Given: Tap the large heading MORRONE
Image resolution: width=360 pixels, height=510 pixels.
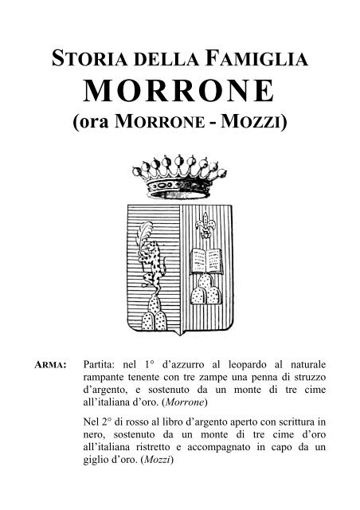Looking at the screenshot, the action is tap(179, 92).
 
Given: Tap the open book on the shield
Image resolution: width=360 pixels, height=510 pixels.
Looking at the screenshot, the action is tap(209, 258).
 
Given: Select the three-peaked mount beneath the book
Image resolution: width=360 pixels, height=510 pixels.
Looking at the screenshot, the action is tap(209, 294).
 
